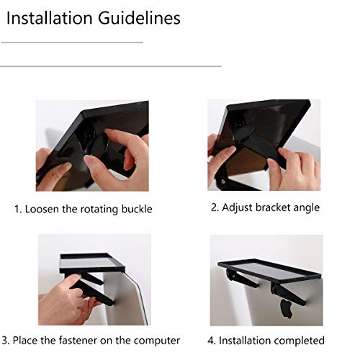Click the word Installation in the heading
(x=49, y=18)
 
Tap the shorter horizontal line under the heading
(x=72, y=43)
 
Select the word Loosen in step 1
(x=45, y=210)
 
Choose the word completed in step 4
(x=299, y=340)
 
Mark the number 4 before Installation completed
(x=212, y=340)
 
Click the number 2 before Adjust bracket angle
(x=214, y=207)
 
